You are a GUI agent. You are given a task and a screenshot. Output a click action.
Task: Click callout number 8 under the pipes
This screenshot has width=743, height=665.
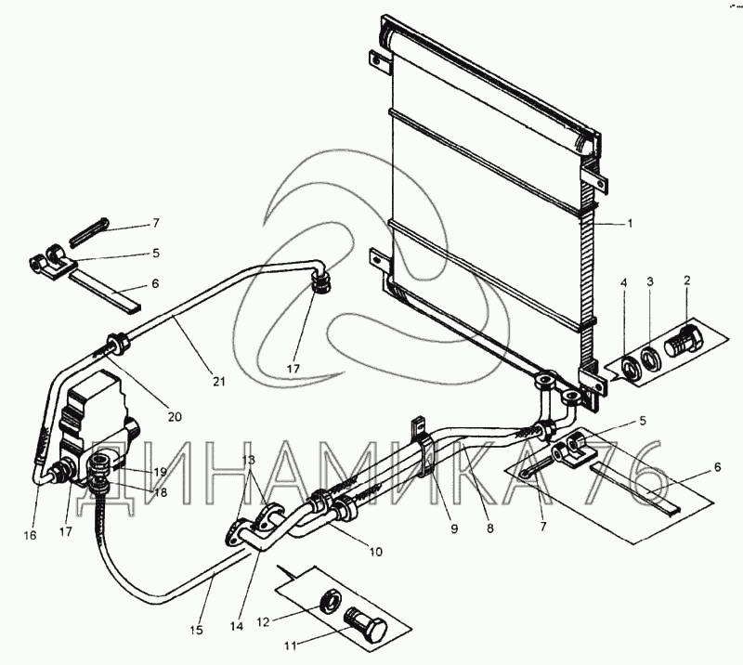(x=490, y=528)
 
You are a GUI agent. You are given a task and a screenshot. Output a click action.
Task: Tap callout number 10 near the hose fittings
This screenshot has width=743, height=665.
(x=375, y=552)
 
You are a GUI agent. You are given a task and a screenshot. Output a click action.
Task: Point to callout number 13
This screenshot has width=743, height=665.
(x=248, y=461)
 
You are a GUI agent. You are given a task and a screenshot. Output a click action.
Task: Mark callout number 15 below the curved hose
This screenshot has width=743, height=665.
(x=195, y=630)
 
